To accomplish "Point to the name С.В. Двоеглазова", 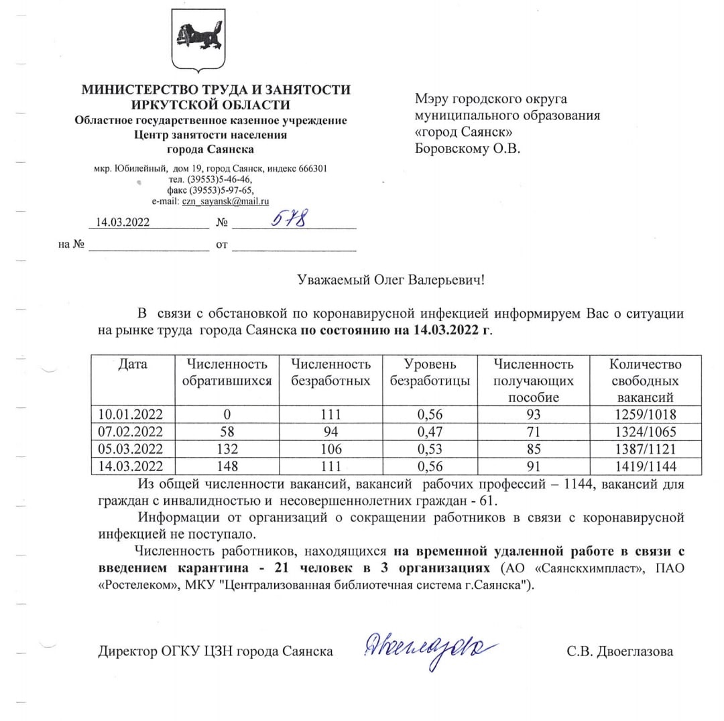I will pos(619,651).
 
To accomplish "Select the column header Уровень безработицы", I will pos(430,373).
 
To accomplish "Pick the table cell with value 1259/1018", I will pos(645,413).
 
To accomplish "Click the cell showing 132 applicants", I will pos(229,448).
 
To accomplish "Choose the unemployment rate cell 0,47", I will pos(430,431).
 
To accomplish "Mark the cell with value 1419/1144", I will pos(645,466).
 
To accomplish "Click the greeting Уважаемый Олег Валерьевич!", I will pos(390,279).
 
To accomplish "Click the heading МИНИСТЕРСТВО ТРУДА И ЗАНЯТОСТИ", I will pos(215,89).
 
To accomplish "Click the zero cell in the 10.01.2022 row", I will pos(229,413).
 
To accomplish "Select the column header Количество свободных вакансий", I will pos(645,381).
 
